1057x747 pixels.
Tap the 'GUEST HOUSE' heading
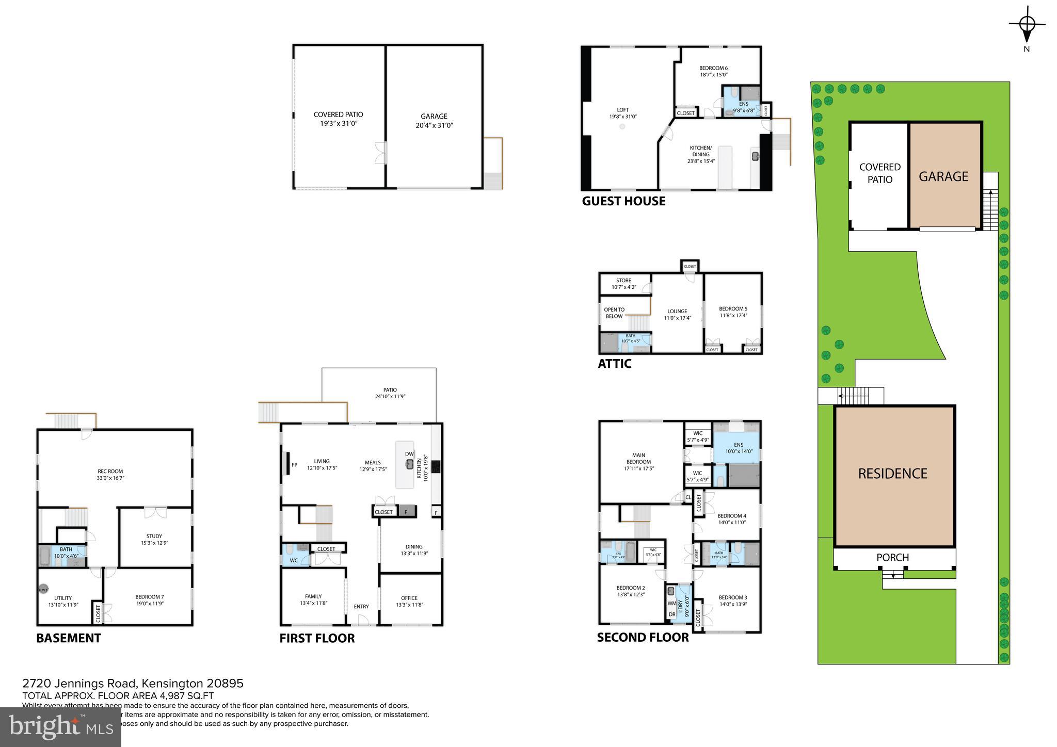[623, 201]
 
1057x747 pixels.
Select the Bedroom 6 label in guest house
[713, 71]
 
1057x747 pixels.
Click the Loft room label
[623, 113]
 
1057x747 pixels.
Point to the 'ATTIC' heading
[614, 364]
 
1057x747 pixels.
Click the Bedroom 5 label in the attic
[733, 312]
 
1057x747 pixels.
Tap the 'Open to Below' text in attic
[614, 313]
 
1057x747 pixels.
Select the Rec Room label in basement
[110, 475]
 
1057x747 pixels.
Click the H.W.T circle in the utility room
[43, 590]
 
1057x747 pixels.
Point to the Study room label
[154, 539]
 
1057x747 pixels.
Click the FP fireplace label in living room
[294, 465]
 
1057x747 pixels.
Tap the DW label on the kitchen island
[409, 454]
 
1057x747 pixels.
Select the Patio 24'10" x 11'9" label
[390, 393]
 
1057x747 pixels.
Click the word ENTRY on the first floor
[361, 606]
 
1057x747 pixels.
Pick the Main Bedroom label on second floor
[638, 462]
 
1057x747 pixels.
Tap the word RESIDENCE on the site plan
[892, 474]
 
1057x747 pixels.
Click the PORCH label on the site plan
[893, 558]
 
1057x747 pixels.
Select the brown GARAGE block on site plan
[943, 176]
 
